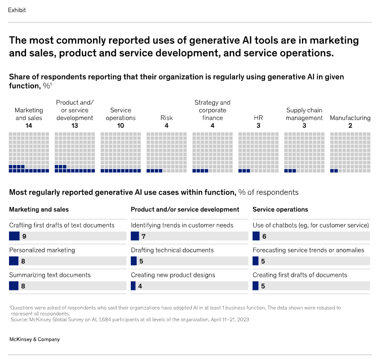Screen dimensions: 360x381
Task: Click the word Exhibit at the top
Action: coord(17,10)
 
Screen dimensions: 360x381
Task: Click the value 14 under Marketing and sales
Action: coord(29,126)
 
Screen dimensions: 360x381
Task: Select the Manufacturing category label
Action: coord(350,118)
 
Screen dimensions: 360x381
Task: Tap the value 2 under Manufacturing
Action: coord(350,126)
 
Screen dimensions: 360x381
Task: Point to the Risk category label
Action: coord(166,118)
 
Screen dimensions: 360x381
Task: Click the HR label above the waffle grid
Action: coord(258,118)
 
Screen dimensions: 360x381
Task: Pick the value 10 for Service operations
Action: coord(120,126)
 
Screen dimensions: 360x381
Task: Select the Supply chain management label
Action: coord(304,114)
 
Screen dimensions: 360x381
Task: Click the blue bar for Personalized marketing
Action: coord(13,261)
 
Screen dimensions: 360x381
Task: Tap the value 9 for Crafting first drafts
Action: coord(24,236)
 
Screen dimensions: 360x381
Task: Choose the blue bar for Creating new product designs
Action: coord(133,285)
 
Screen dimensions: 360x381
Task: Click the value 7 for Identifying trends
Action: coord(143,236)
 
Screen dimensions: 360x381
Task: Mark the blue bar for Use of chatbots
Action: coord(256,236)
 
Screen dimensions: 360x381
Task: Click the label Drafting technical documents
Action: coord(172,250)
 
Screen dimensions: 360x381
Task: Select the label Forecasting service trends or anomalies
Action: coord(308,250)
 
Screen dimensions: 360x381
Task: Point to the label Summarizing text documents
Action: coord(50,275)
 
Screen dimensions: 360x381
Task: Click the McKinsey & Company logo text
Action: coord(35,339)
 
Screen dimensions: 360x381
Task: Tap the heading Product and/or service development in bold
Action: coord(185,209)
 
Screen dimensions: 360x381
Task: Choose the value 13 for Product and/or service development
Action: coord(75,126)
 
